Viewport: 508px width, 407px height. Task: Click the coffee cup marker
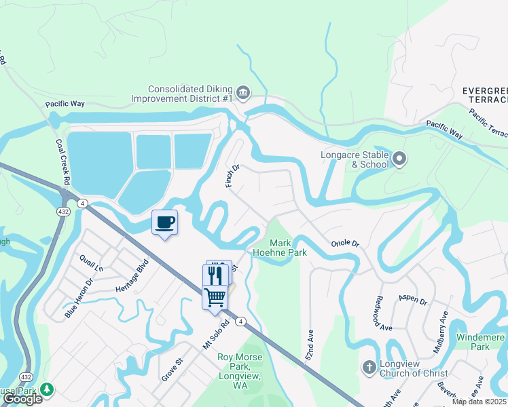(164, 222)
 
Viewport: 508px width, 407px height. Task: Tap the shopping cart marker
(215, 296)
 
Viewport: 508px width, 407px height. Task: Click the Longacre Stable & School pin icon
(399, 159)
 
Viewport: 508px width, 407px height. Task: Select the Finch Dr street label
(232, 176)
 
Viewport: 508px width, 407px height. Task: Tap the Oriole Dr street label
(344, 244)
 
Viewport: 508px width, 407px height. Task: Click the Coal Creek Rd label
(62, 163)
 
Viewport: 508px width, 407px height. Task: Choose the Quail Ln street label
(91, 262)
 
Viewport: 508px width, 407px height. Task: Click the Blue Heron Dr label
(79, 298)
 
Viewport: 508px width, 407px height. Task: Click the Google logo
(22, 400)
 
